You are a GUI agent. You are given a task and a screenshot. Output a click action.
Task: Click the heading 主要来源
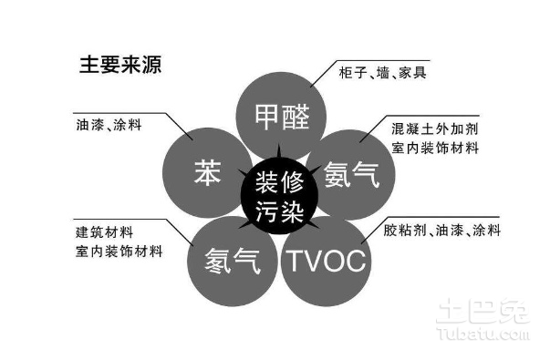(x=120, y=65)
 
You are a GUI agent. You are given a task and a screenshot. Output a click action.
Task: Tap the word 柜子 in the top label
(x=357, y=72)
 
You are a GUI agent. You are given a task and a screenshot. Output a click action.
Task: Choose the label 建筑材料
(x=103, y=231)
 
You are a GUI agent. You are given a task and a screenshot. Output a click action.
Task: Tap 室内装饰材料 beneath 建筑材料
(x=119, y=251)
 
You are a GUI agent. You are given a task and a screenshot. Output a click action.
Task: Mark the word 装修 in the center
(x=279, y=180)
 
